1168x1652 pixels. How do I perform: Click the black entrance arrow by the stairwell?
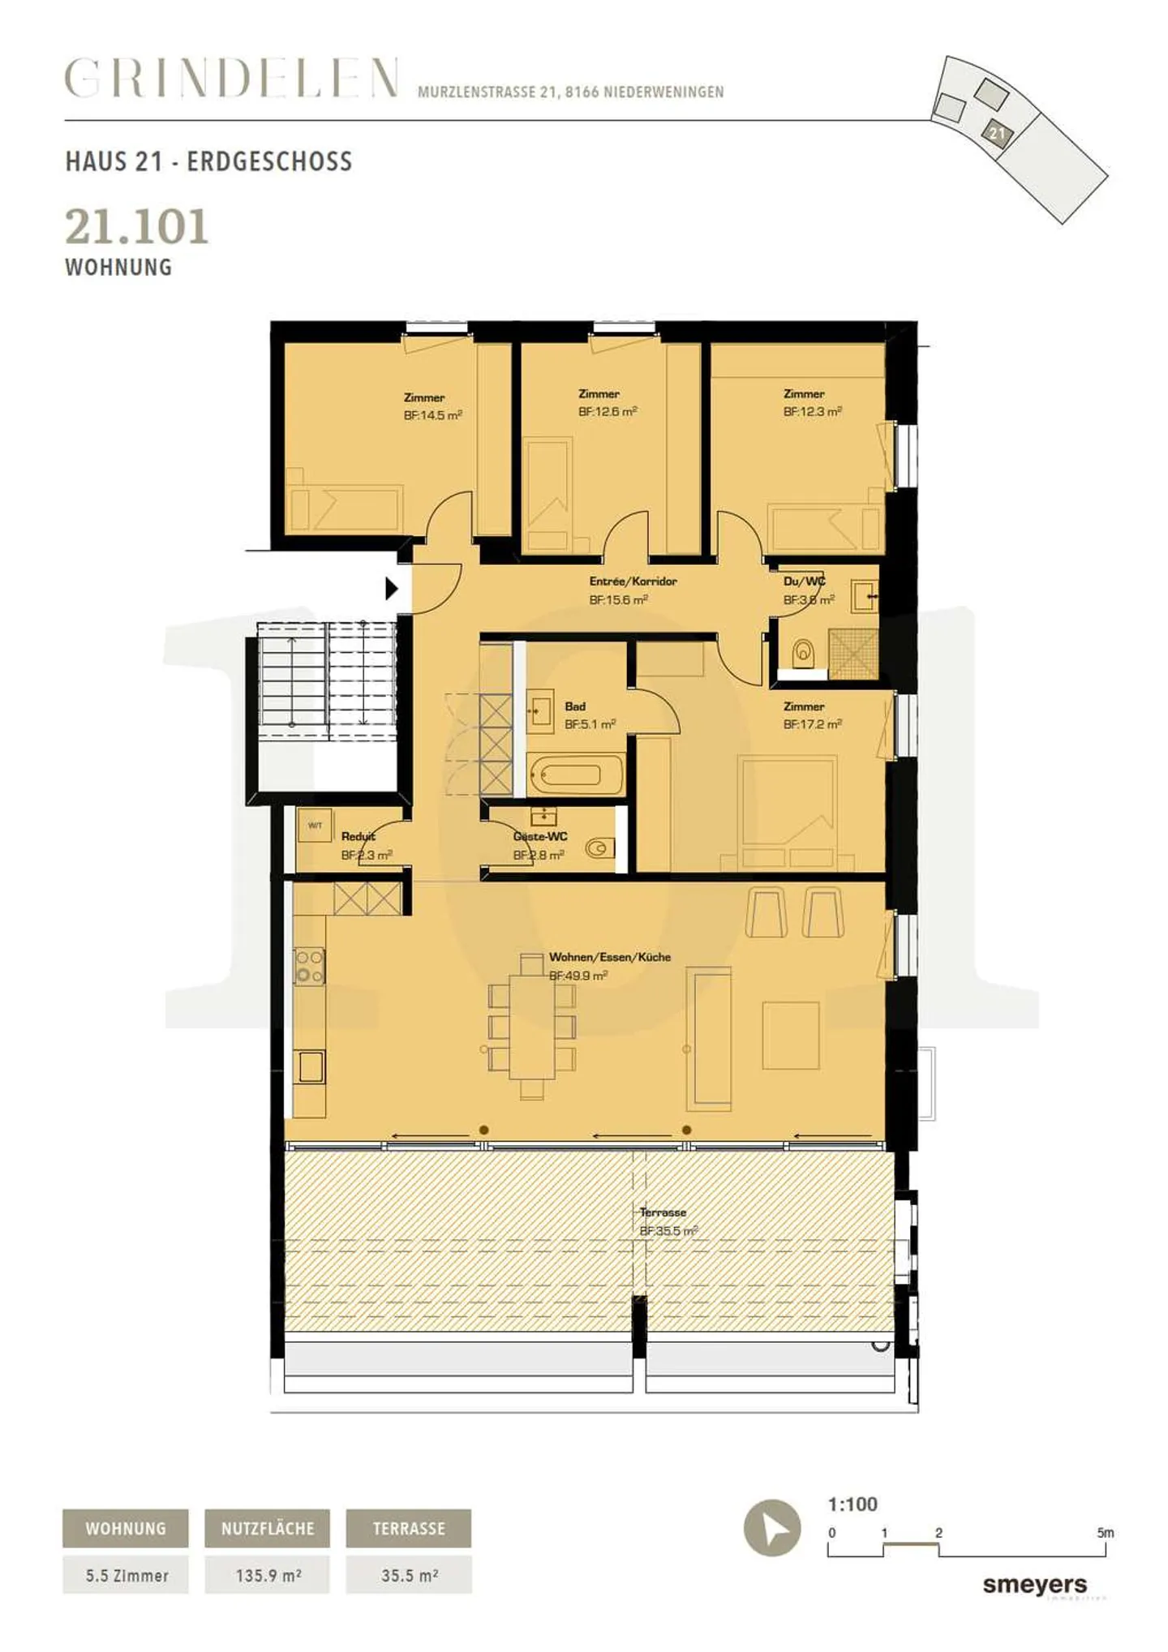coord(391,588)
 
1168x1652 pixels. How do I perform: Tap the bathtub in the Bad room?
coord(576,776)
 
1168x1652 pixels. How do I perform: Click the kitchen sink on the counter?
coord(311,1066)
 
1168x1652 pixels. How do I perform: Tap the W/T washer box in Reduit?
coord(315,826)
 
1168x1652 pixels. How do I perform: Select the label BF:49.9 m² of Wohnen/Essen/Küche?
coord(578,976)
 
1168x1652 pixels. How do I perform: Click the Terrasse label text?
coord(663,1212)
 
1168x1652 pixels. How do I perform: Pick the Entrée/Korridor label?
coord(633,581)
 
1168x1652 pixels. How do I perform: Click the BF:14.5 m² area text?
coord(432,415)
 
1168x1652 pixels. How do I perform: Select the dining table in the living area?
coord(532,1025)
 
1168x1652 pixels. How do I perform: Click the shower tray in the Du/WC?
coord(853,653)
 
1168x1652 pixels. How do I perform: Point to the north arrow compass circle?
coord(772,1528)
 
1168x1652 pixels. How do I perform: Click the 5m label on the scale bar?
coord(1105,1533)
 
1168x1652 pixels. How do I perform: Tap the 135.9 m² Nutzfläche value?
coord(268,1575)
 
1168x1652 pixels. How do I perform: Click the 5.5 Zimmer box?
coord(127,1575)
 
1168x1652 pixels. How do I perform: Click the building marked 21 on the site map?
coord(997,132)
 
